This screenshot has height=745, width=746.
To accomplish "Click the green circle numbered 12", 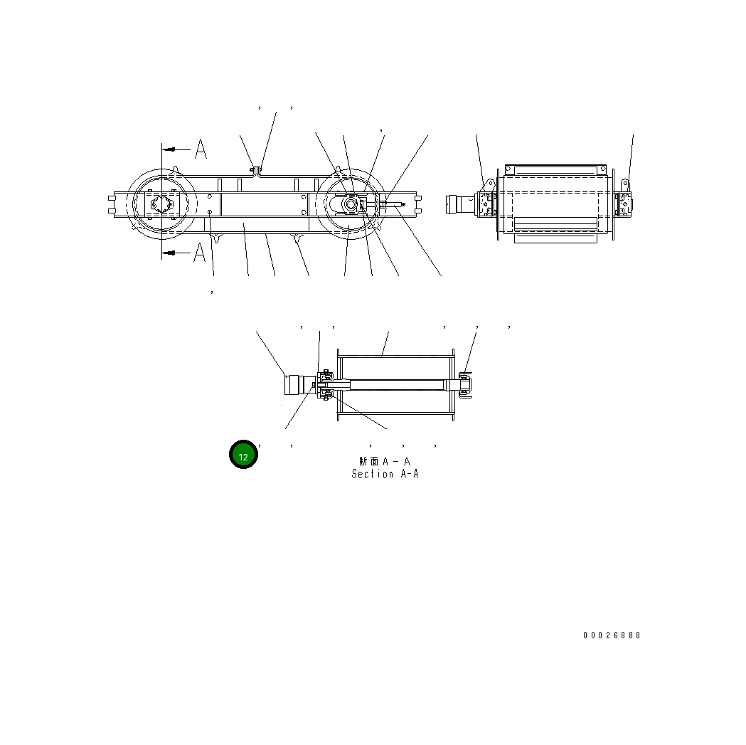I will (243, 455).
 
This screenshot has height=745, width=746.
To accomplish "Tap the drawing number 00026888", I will (612, 635).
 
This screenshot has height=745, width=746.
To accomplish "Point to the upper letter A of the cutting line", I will (201, 149).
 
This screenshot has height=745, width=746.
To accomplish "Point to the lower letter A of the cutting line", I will (201, 252).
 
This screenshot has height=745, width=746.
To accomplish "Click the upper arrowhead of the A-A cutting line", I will (169, 149).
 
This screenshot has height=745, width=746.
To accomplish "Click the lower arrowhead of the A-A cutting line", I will (169, 252).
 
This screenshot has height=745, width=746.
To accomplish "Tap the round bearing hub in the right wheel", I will (351, 204).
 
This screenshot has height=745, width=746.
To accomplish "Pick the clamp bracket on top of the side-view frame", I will (255, 169).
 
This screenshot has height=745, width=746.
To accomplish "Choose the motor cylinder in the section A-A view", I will (294, 385).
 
